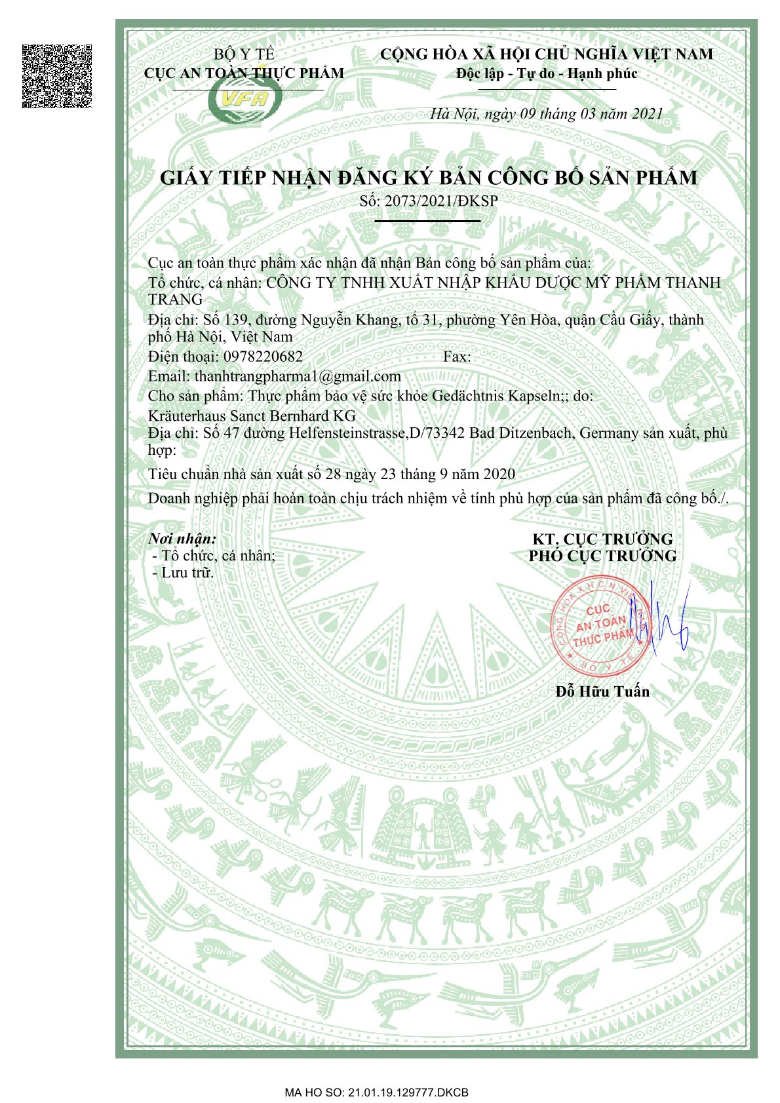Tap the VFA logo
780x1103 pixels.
pos(245,100)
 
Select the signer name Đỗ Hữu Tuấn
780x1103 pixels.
pos(602,691)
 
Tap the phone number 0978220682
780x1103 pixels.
pos(263,357)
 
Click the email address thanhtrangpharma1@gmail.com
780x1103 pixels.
pos(298,376)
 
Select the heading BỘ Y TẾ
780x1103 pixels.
pos(244,54)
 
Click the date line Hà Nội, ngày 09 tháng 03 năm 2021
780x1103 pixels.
pos(546,114)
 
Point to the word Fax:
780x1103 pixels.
pos(457,357)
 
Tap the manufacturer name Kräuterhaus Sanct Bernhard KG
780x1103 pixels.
pos(252,416)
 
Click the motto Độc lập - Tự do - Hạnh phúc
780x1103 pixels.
pos(547,73)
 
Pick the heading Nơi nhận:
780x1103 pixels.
pos(182,539)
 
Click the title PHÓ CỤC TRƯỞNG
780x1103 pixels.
pos(602,556)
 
